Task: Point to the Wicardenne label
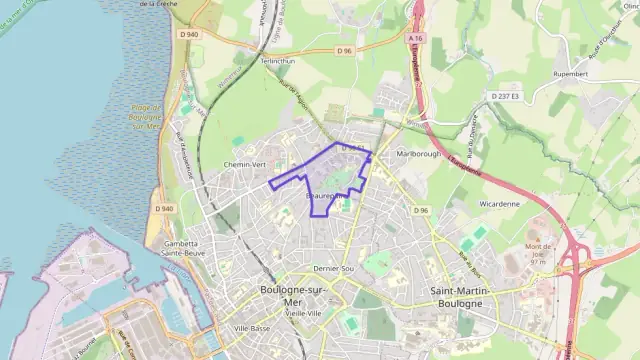click(x=500, y=203)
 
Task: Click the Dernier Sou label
click(x=335, y=269)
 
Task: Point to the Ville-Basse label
click(x=252, y=328)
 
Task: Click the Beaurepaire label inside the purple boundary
click(x=326, y=197)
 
